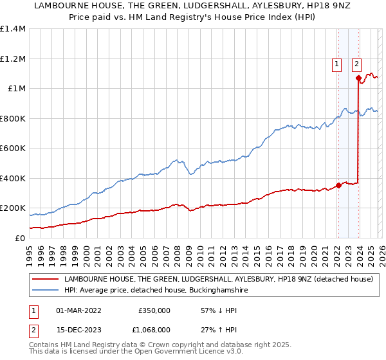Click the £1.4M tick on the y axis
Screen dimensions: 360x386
pyautogui.click(x=13, y=29)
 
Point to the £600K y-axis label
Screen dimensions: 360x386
pyautogui.click(x=13, y=148)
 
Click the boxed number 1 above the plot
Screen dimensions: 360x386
pyautogui.click(x=336, y=64)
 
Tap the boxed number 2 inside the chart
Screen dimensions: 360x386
pyautogui.click(x=357, y=64)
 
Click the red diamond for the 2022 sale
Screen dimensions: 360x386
pyautogui.click(x=338, y=186)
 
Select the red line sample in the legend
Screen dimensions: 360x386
pyautogui.click(x=44, y=280)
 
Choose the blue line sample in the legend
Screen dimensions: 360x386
pyautogui.click(x=44, y=291)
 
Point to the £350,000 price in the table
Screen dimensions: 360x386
pyautogui.click(x=154, y=310)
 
